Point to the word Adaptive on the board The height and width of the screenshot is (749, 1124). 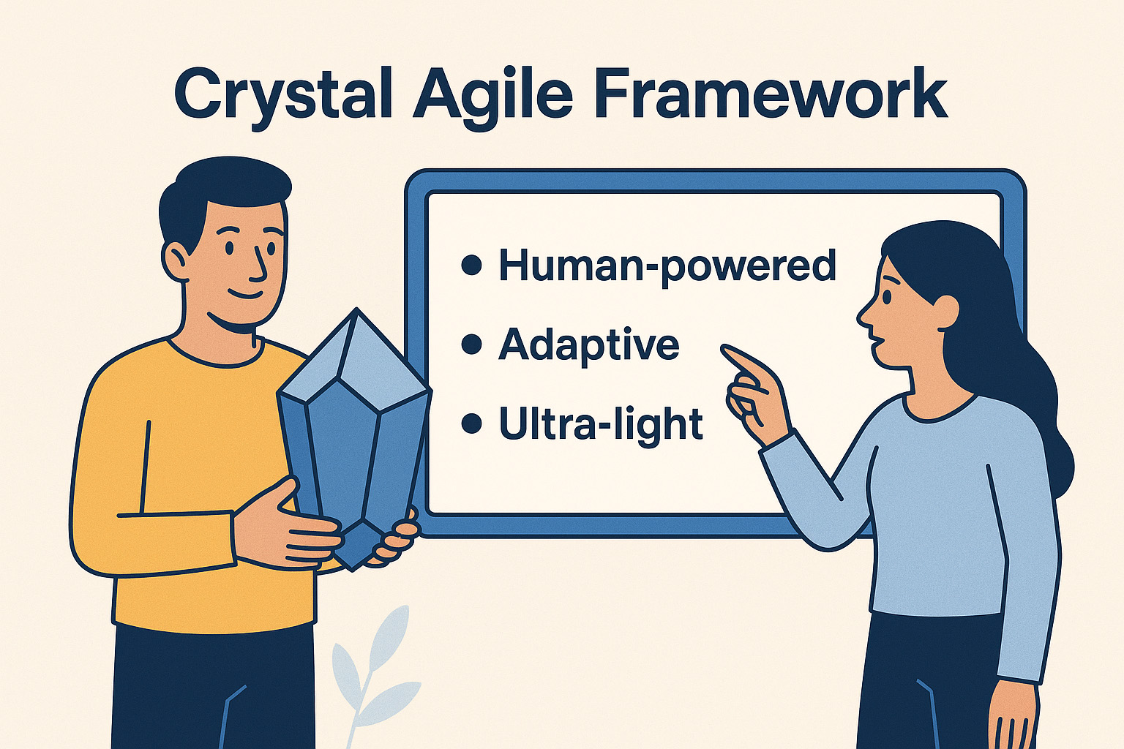(589, 345)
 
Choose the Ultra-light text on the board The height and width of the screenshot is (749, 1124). (601, 424)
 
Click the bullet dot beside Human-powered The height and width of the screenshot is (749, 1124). (472, 266)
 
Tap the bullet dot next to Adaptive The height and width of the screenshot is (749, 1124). (472, 344)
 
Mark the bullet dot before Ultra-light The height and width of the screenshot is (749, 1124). (472, 423)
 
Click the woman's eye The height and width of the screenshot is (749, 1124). (886, 296)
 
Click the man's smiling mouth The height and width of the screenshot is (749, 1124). (245, 295)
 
